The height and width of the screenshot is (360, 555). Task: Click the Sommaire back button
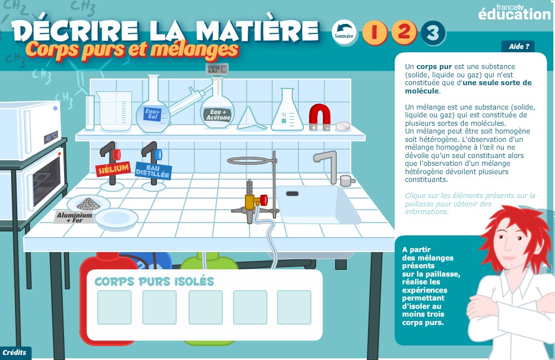(x=344, y=32)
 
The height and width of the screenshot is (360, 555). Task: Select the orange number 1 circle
(x=375, y=32)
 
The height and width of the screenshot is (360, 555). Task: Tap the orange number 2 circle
(x=404, y=32)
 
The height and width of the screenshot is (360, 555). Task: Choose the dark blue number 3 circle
(x=433, y=33)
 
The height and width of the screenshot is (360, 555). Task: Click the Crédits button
(x=15, y=353)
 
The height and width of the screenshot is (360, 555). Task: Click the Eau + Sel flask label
(x=152, y=114)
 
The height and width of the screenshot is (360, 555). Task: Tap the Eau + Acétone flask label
(x=218, y=115)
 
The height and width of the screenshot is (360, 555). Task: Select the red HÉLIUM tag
(x=113, y=169)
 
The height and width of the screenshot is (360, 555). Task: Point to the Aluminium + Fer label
(x=75, y=218)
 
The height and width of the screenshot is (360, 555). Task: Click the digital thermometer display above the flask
(x=217, y=69)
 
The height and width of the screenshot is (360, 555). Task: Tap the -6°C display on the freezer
(x=51, y=137)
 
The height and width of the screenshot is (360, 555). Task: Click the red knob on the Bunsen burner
(x=263, y=200)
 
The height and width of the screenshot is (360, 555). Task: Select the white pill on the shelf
(x=342, y=126)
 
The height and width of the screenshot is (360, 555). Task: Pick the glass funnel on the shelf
(x=251, y=118)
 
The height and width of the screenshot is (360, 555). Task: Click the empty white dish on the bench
(x=116, y=218)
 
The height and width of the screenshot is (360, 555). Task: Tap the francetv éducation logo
(x=514, y=12)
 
